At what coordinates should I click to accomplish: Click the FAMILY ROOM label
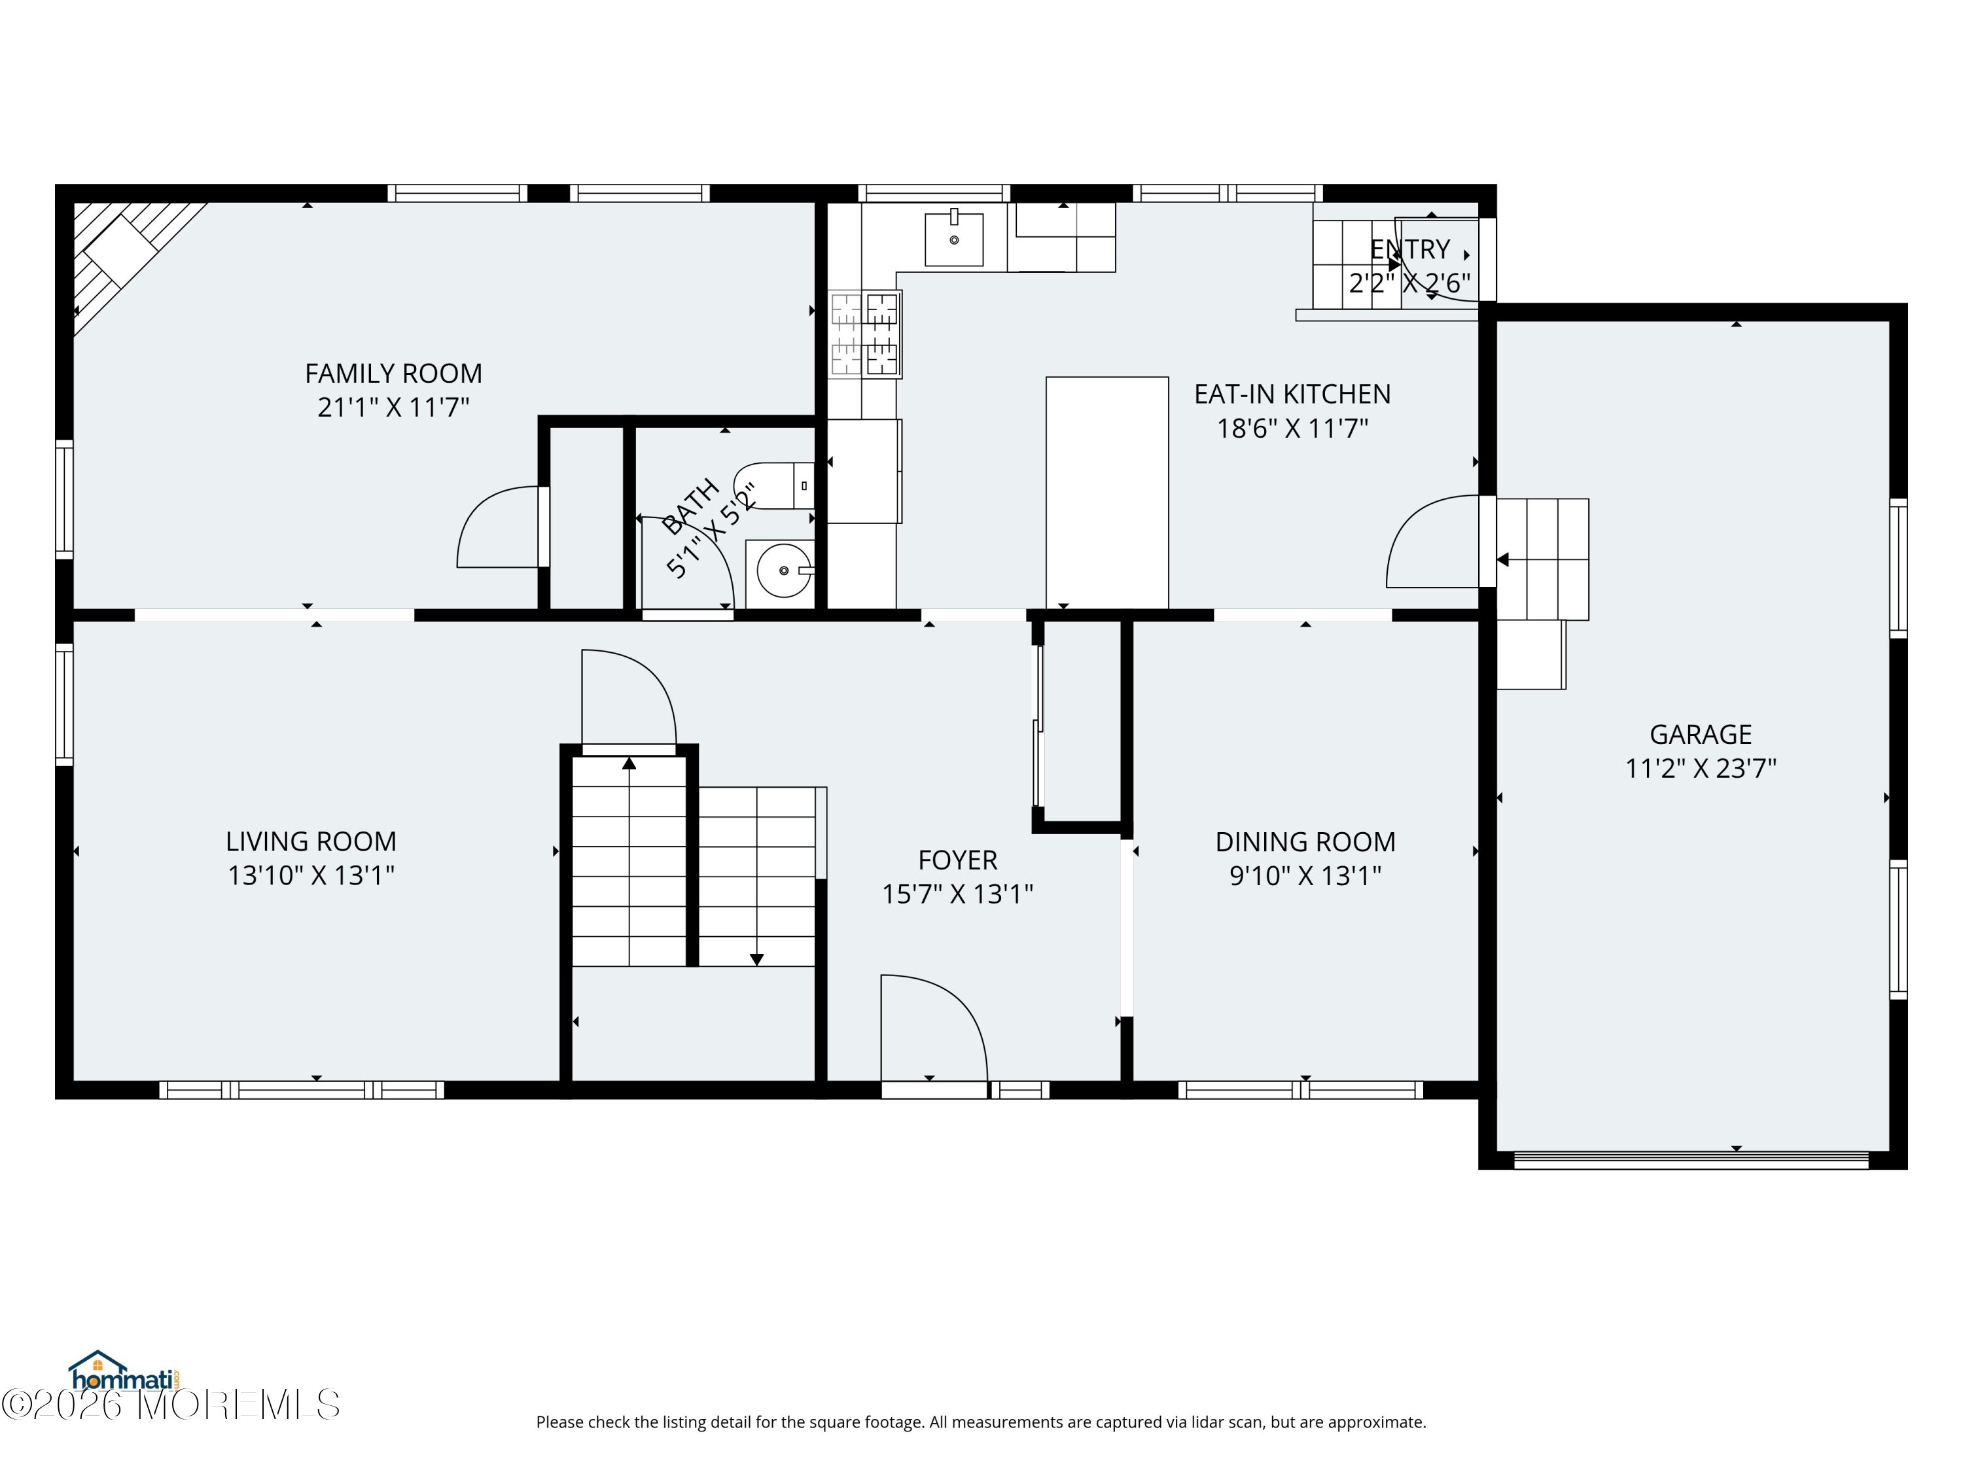tap(393, 374)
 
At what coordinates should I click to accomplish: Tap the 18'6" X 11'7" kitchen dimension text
tap(1292, 429)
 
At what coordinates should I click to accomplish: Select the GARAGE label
tap(1701, 735)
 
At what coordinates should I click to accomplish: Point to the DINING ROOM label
tap(1305, 842)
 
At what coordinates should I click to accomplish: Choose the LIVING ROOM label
tap(311, 842)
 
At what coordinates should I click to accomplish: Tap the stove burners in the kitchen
tap(864, 334)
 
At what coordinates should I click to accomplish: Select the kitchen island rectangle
tap(1106, 493)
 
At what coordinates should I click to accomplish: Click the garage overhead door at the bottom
tap(1691, 1160)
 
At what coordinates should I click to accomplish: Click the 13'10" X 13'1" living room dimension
tap(311, 876)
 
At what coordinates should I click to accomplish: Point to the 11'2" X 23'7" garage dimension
tap(1701, 769)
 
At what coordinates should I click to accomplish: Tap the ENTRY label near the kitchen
tap(1410, 249)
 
